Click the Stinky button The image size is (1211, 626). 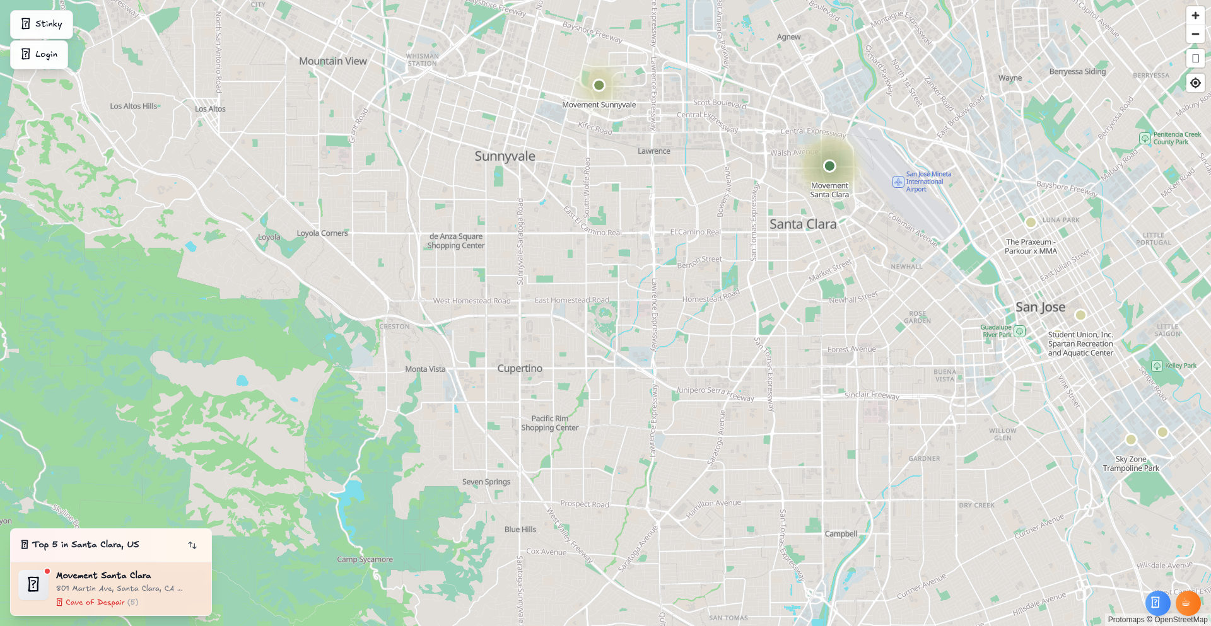tap(42, 24)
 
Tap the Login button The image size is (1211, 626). tap(39, 54)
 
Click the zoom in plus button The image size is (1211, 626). tap(1195, 16)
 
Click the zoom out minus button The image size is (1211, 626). tap(1195, 34)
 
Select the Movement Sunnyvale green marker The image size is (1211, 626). tap(599, 85)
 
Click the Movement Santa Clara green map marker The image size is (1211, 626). tap(829, 166)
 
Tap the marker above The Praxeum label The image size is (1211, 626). tap(1031, 222)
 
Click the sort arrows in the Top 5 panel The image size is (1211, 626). tap(192, 545)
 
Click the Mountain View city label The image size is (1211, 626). tap(333, 61)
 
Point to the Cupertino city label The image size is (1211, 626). tap(520, 368)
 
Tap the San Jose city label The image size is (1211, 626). tap(1040, 307)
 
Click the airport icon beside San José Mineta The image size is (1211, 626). tap(898, 182)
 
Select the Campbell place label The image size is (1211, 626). tap(841, 533)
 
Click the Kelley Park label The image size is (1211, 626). tap(1180, 366)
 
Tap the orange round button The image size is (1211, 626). tap(1188, 603)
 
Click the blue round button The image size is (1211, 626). tap(1157, 603)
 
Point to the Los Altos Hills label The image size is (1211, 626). tap(134, 106)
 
